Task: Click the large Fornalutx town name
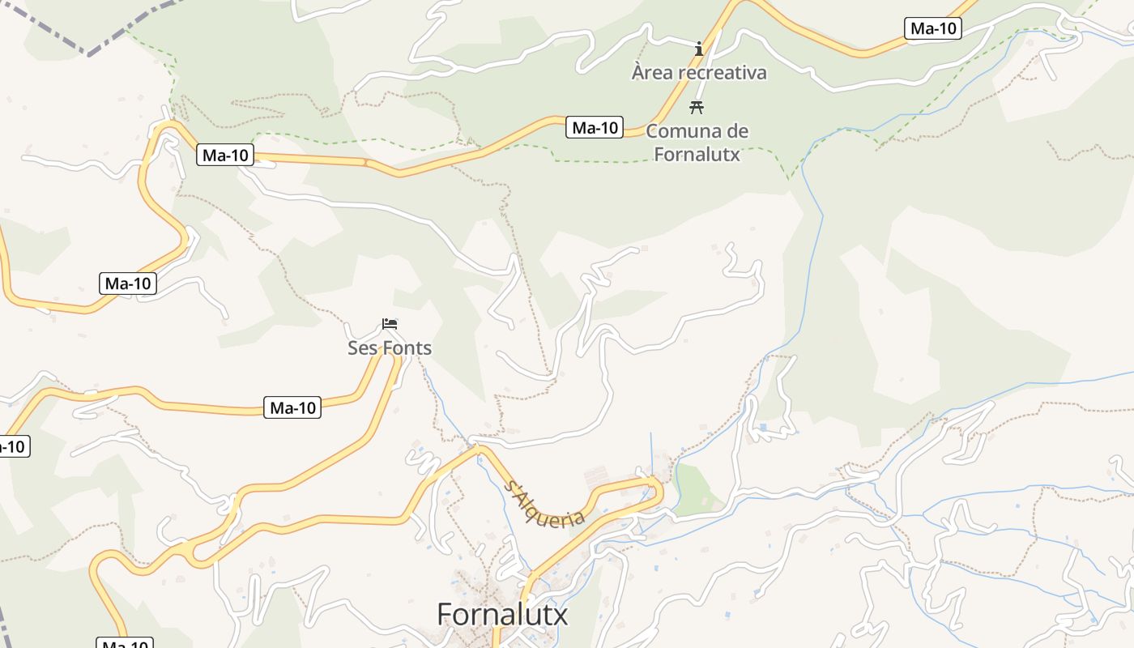(x=502, y=615)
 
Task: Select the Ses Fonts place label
(x=390, y=348)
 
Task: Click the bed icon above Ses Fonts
(x=390, y=325)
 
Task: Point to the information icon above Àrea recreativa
(x=699, y=49)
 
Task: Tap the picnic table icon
(x=696, y=107)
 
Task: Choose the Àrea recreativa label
(x=699, y=73)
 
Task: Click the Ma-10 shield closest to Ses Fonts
(x=292, y=408)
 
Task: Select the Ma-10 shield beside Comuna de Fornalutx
(x=595, y=127)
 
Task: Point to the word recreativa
(x=723, y=73)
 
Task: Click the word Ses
(x=361, y=348)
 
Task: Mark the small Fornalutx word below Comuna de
(x=697, y=153)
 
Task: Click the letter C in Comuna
(x=652, y=131)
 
